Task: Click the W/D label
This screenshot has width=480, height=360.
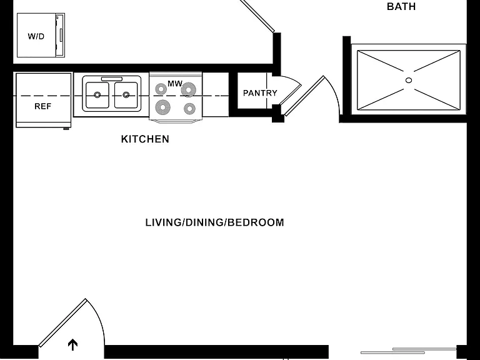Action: (x=36, y=36)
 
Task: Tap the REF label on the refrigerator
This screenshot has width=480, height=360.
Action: (x=43, y=106)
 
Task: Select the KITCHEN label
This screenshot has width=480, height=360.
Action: (x=145, y=139)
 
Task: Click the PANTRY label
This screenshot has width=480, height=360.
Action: (x=260, y=92)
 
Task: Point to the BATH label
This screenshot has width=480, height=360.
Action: (x=401, y=6)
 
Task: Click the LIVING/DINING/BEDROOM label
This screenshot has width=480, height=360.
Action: (x=214, y=222)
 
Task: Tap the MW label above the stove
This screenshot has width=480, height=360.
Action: (x=175, y=83)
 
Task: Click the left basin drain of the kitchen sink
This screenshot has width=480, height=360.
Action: (x=97, y=95)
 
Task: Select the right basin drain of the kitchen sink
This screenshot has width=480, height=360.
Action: (x=126, y=95)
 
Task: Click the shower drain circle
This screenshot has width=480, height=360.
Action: (x=409, y=80)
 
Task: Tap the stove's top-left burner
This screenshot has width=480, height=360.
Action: (x=161, y=89)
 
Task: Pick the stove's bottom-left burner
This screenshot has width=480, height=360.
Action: (x=163, y=107)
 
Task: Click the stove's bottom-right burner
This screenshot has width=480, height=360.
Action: (x=189, y=108)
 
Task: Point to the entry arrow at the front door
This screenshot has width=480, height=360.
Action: (x=72, y=344)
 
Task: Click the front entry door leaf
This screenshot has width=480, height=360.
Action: (x=62, y=322)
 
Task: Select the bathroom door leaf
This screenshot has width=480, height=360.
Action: (x=304, y=96)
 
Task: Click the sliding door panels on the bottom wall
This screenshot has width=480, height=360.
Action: (x=409, y=351)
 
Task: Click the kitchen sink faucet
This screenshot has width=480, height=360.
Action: (x=112, y=79)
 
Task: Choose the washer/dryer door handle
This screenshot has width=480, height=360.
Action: (x=61, y=35)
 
